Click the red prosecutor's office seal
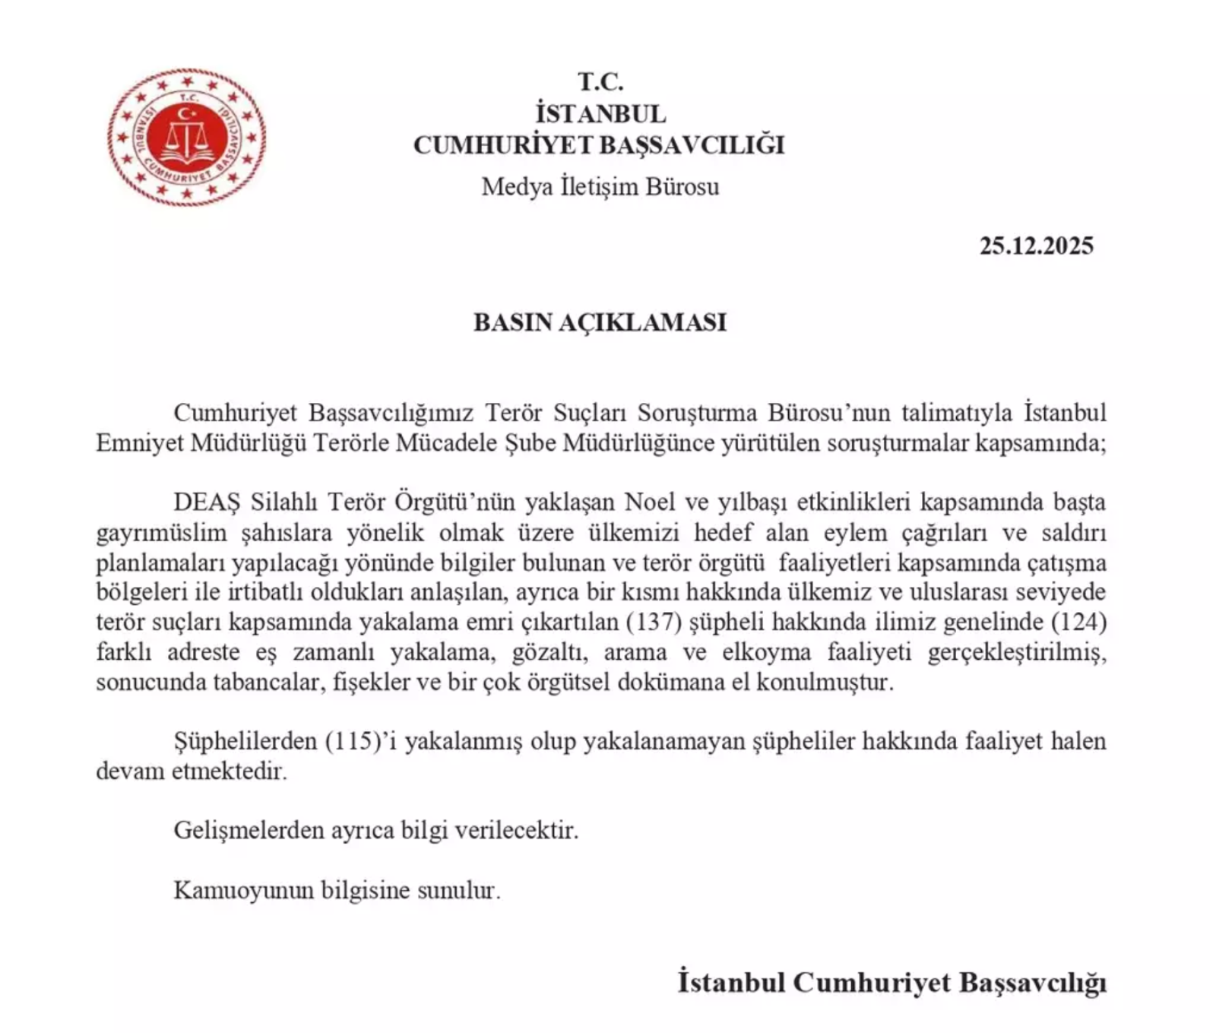pyautogui.click(x=186, y=137)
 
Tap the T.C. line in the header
pyautogui.click(x=600, y=81)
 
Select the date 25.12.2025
pyautogui.click(x=1036, y=246)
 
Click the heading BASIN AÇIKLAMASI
pyautogui.click(x=600, y=322)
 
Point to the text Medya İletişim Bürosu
pyautogui.click(x=600, y=186)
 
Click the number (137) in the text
pyautogui.click(x=653, y=622)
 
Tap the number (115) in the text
pyautogui.click(x=353, y=740)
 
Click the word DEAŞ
pyautogui.click(x=206, y=502)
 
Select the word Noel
pyautogui.click(x=651, y=502)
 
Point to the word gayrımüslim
pyautogui.click(x=161, y=533)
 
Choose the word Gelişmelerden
pyautogui.click(x=249, y=829)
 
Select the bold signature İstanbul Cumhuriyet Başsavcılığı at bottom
pyautogui.click(x=891, y=981)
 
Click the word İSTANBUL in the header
pyautogui.click(x=600, y=113)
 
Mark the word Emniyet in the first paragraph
pyautogui.click(x=139, y=442)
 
